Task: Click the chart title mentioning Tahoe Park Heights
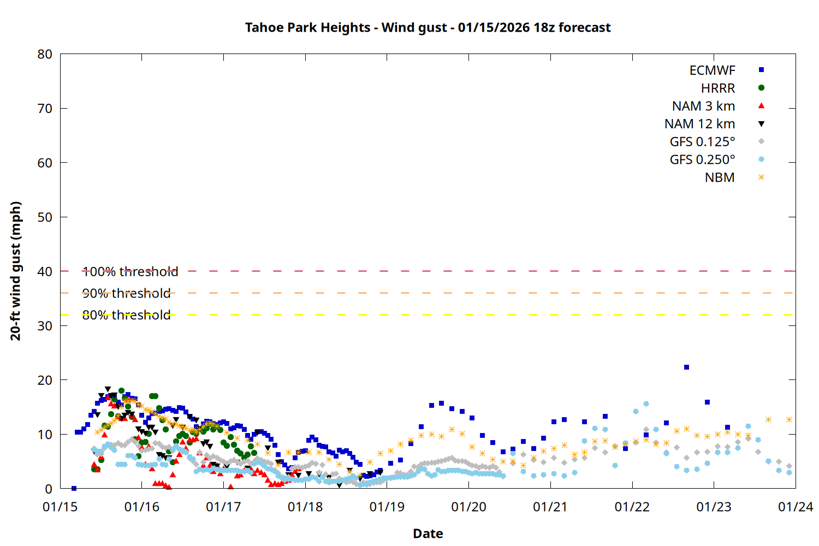[x=428, y=27]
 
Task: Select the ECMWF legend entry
[x=712, y=70]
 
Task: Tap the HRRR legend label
[x=717, y=88]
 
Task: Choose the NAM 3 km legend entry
[x=703, y=106]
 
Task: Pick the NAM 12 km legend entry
[x=699, y=124]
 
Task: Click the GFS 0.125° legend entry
[x=702, y=142]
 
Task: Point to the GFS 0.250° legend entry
[x=702, y=160]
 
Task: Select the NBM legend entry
[x=719, y=178]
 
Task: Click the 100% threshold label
[x=130, y=271]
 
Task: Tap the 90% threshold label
[x=126, y=293]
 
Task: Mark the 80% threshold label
[x=126, y=315]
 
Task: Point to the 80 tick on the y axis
[x=45, y=54]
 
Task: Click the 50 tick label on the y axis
[x=45, y=217]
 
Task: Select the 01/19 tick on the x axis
[x=387, y=507]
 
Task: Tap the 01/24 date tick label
[x=795, y=507]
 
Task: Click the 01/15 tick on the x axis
[x=60, y=507]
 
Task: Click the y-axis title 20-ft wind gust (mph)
[x=16, y=271]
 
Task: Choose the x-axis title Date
[x=428, y=533]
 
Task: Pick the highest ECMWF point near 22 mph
[x=686, y=367]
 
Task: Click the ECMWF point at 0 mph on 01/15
[x=74, y=488]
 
